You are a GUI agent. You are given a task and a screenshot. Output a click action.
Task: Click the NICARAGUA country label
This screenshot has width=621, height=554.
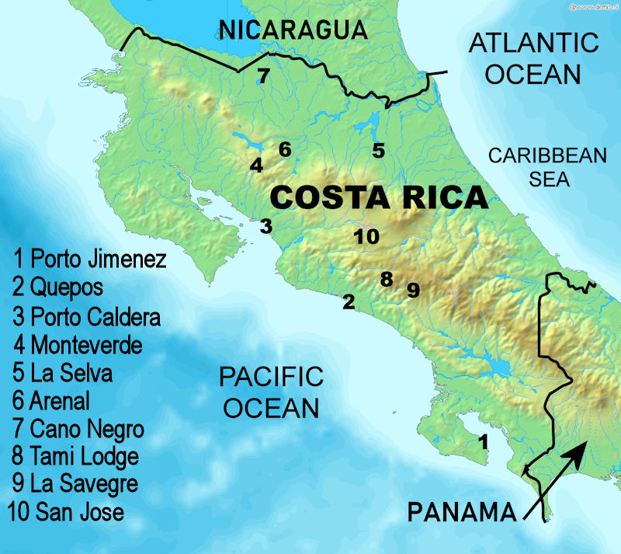click(x=293, y=30)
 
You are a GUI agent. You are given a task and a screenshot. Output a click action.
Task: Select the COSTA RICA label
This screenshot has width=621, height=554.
click(x=379, y=197)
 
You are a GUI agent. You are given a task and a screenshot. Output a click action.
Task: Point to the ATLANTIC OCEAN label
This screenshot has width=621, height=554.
click(x=535, y=58)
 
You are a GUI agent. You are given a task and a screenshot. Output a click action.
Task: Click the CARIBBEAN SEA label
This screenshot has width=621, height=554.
click(x=546, y=167)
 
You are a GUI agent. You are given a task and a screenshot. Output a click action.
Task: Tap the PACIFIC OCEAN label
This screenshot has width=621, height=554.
click(x=269, y=393)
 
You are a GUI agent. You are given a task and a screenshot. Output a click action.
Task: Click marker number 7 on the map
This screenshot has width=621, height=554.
click(x=263, y=76)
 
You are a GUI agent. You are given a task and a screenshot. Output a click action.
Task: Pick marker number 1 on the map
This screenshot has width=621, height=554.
click(x=484, y=443)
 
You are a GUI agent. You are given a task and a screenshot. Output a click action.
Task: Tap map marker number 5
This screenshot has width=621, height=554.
click(x=378, y=151)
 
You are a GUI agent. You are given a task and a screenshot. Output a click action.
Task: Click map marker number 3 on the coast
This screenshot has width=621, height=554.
click(x=266, y=227)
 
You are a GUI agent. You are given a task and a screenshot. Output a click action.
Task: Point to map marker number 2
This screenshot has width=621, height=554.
click(x=349, y=301)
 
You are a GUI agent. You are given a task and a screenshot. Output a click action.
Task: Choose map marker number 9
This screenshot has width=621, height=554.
click(x=413, y=291)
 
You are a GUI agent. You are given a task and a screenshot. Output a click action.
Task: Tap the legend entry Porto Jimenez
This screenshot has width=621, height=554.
click(x=89, y=259)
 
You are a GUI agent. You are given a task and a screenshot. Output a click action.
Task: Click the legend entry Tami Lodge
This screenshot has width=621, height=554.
click(x=75, y=456)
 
